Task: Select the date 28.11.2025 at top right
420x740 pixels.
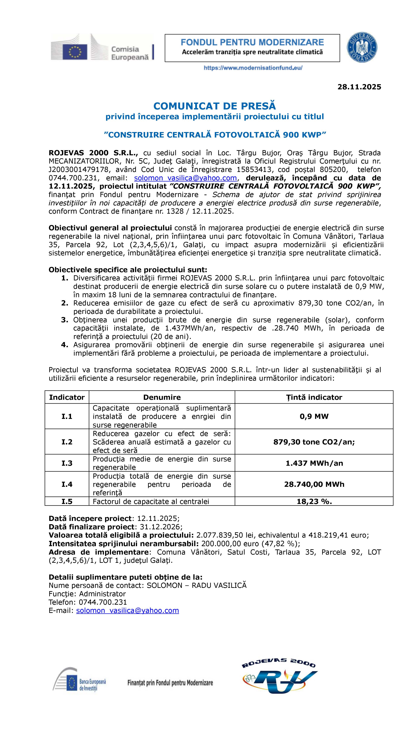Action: (x=359, y=87)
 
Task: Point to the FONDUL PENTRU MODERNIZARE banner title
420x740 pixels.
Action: (x=252, y=42)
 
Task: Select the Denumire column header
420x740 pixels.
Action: (x=162, y=397)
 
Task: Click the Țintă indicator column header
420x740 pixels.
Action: (x=314, y=397)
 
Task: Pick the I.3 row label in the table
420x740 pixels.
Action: (x=67, y=463)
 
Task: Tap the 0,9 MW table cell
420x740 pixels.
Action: (x=314, y=416)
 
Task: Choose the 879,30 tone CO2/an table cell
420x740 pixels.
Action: (x=314, y=442)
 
